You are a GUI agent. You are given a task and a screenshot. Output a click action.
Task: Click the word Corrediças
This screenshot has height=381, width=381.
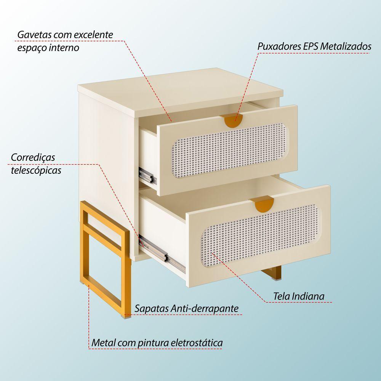coord(33,157)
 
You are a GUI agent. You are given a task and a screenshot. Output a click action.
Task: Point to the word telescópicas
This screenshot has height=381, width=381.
coord(36,170)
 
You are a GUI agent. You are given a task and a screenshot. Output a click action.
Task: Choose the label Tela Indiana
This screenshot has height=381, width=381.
coord(298,296)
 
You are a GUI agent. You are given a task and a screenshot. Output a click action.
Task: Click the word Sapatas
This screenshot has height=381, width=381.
coord(152,308)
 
